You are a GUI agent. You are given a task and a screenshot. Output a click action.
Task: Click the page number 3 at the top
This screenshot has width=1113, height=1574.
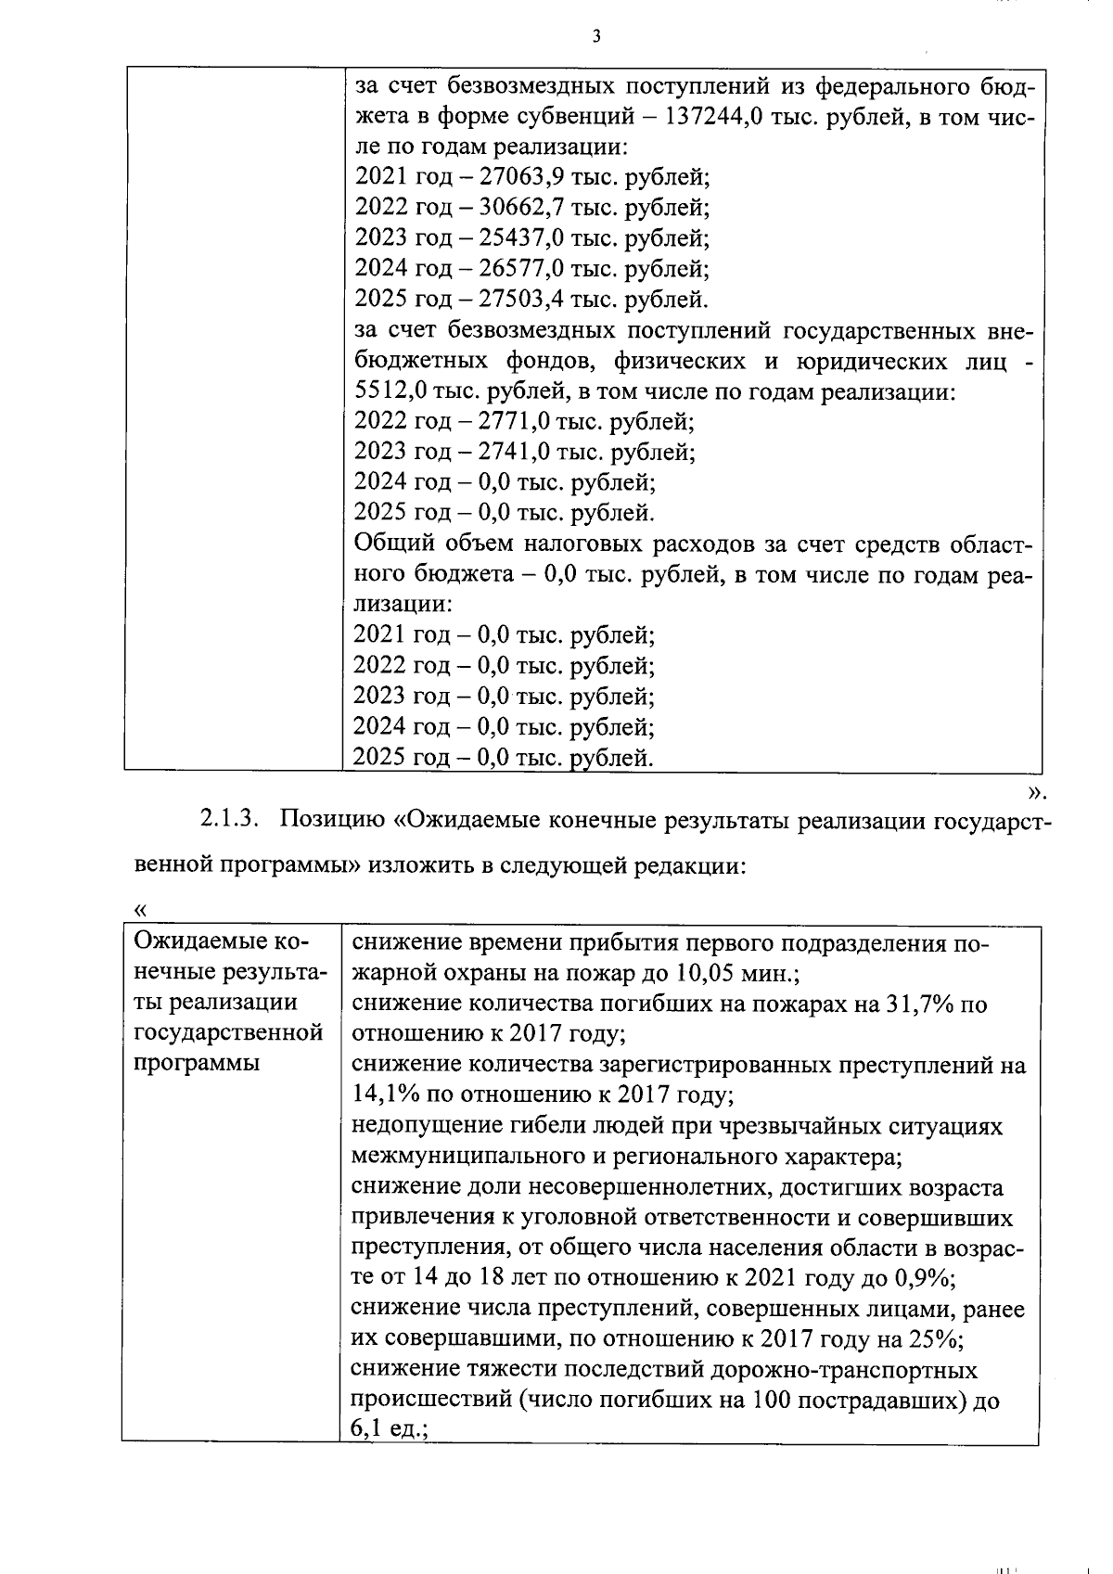[596, 36]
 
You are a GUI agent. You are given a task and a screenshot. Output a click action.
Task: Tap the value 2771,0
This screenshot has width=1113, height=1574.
[513, 422]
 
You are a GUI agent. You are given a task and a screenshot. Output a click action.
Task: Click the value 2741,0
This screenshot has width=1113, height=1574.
[513, 452]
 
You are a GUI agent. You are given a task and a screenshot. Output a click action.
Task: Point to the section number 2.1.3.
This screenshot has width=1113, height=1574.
[225, 820]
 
